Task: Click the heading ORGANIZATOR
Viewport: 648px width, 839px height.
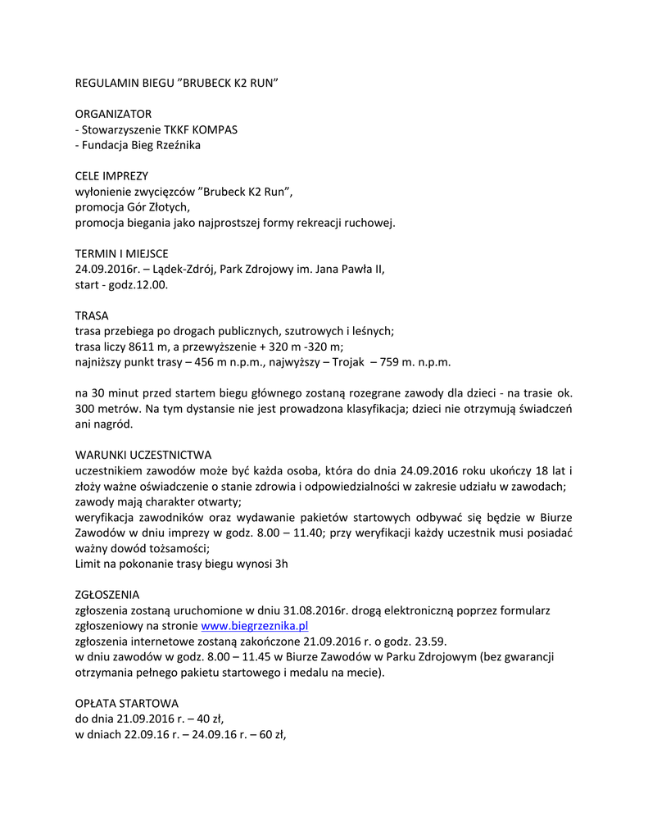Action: [113, 114]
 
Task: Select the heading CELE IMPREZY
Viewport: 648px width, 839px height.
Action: [111, 176]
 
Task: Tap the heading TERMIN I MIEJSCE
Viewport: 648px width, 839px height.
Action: [121, 254]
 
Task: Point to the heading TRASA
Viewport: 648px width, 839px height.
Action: [92, 315]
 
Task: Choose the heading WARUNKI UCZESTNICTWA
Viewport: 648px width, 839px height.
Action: [143, 455]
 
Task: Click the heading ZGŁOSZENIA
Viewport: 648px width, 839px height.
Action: [107, 594]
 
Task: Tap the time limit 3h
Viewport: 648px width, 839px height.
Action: [280, 564]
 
